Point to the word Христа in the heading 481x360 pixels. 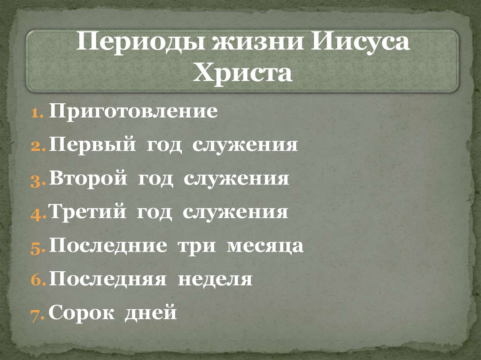click(242, 74)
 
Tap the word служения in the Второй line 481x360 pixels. click(236, 179)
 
